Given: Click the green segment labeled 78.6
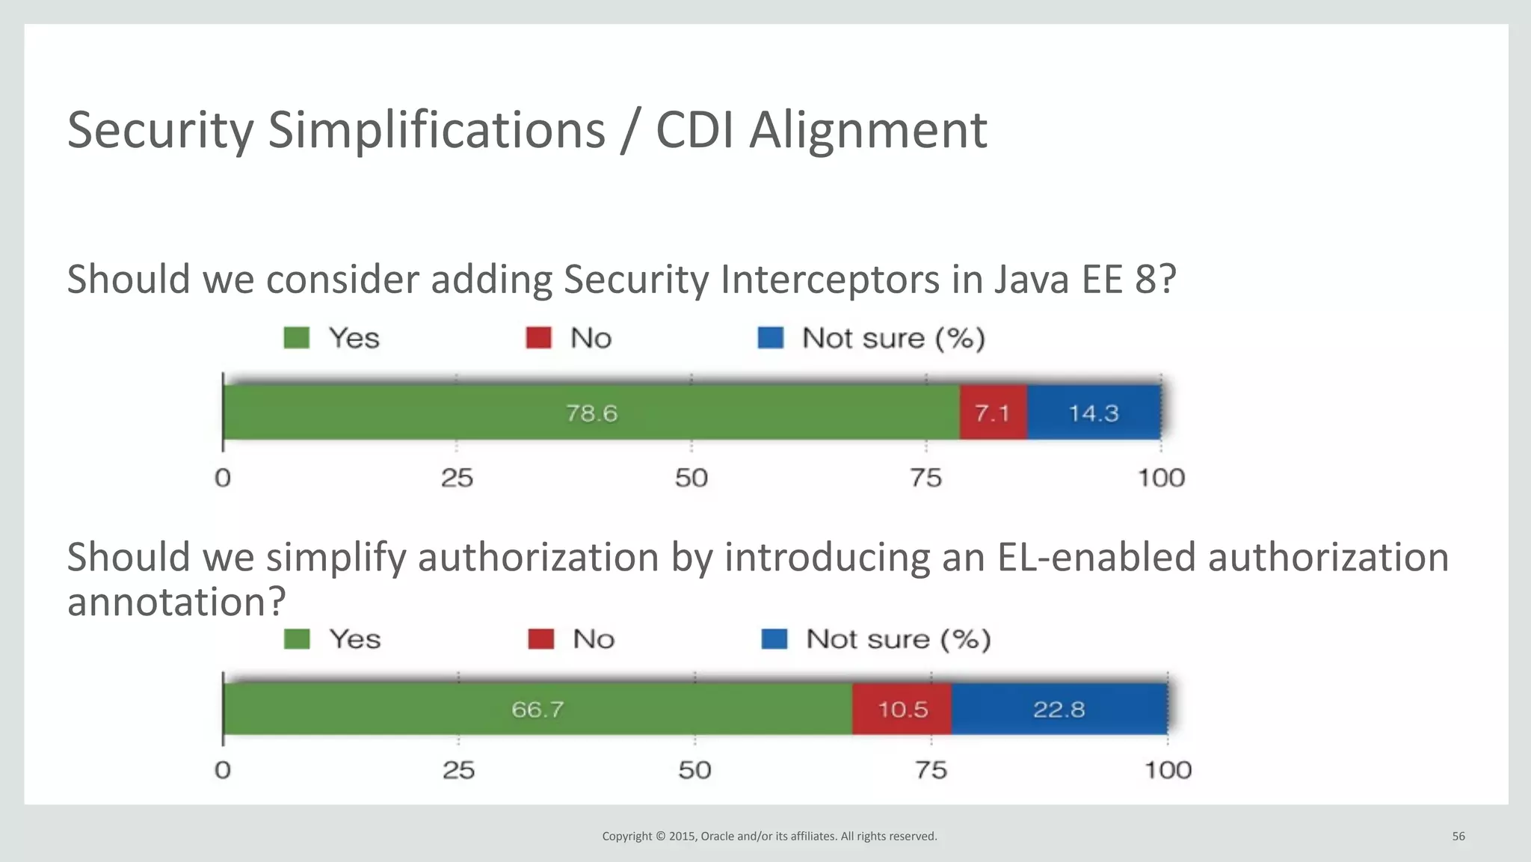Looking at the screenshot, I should click(591, 413).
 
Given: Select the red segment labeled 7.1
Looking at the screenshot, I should click(993, 413).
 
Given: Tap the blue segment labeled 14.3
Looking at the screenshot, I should click(1093, 413).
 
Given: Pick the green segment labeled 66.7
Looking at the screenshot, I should click(537, 709).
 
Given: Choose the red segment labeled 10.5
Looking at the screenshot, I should click(902, 709).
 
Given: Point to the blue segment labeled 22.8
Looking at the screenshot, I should click(1059, 709).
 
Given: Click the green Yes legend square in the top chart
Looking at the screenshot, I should click(297, 338).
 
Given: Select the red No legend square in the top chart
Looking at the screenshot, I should click(538, 338).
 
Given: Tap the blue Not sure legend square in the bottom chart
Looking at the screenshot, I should click(774, 639).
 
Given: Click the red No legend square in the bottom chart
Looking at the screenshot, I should click(540, 639).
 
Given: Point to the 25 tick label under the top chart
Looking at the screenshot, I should click(457, 478).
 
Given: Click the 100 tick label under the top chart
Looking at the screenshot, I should click(1161, 478).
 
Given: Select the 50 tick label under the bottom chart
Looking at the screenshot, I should click(694, 770).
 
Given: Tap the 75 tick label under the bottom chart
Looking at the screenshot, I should click(931, 770).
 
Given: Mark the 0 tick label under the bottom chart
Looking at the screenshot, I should click(223, 770).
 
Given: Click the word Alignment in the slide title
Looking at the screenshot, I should click(868, 130).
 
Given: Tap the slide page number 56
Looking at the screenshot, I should click(1458, 837).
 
